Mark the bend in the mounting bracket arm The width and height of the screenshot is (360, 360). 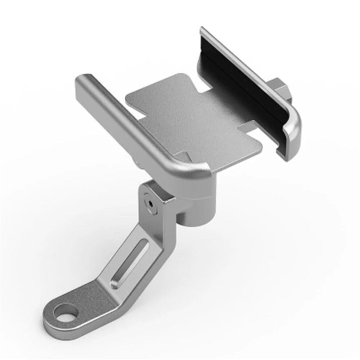105,291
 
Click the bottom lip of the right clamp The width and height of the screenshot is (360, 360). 284,155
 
